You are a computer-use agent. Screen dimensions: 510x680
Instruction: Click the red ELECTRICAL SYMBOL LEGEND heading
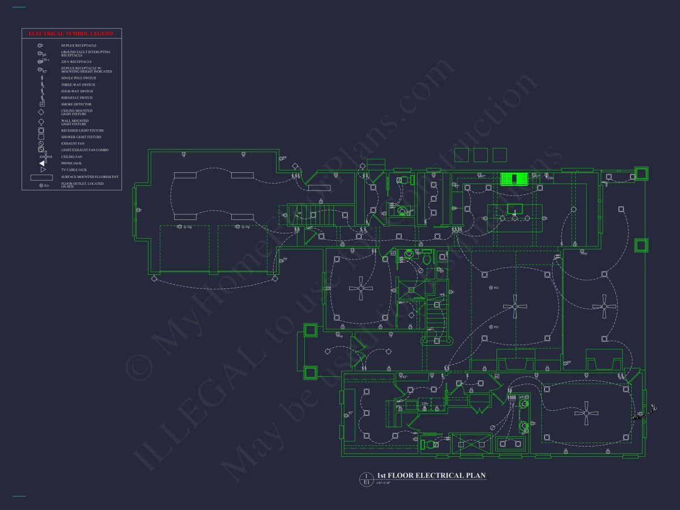tap(71, 34)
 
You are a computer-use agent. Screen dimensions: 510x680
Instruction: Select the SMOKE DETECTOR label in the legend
tap(76, 104)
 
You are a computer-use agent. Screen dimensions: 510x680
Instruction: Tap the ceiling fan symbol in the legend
tap(41, 156)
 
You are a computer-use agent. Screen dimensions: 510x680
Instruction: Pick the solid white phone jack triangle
tap(42, 163)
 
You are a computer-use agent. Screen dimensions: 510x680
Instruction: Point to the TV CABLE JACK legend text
tap(74, 169)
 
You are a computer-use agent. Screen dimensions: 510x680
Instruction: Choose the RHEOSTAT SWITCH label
tap(77, 97)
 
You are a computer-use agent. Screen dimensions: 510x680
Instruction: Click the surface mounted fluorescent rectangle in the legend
tap(41, 177)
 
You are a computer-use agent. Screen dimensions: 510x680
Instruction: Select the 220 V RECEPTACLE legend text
tap(76, 61)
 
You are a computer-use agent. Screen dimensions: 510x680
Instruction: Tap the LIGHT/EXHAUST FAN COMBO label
tap(84, 150)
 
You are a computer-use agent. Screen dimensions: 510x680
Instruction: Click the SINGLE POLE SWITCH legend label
tap(78, 78)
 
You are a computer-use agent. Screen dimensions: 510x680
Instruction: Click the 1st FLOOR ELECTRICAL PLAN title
tap(431, 475)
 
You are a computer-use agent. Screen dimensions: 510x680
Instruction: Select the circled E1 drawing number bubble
tap(366, 479)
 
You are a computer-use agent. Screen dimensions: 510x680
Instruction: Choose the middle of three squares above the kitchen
tap(481, 154)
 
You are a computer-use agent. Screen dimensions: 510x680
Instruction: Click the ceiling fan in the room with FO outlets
tap(515, 307)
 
